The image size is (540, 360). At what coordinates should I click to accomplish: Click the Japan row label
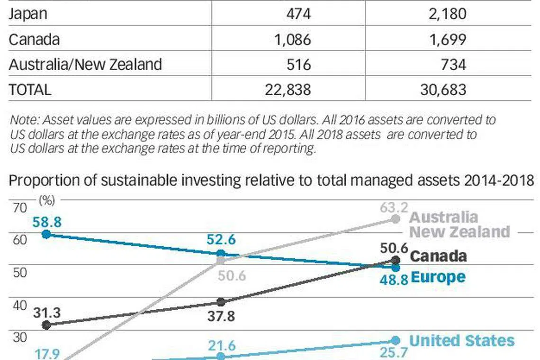[28, 13]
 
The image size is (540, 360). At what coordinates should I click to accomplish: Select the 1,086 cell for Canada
[292, 39]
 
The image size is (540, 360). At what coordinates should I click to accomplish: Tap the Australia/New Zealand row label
[85, 64]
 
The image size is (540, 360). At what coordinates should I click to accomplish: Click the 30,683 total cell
[443, 89]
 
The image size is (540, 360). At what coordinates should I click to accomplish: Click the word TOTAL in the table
[30, 89]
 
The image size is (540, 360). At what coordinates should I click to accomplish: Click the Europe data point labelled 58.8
[46, 234]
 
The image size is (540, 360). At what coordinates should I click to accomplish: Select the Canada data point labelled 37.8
[221, 302]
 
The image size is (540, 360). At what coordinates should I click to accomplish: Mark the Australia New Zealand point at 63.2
[396, 219]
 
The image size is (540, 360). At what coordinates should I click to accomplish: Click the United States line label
[461, 341]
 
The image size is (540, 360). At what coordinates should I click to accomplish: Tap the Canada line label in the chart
[438, 256]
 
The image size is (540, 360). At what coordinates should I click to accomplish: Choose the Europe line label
[438, 277]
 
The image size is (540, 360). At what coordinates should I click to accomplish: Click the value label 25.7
[394, 352]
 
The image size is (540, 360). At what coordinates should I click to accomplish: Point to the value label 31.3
[47, 312]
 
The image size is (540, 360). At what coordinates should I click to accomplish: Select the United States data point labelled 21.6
[221, 356]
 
